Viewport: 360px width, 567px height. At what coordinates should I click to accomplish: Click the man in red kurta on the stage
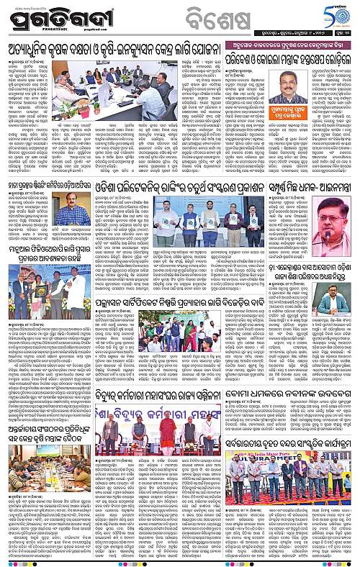tap(170, 402)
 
